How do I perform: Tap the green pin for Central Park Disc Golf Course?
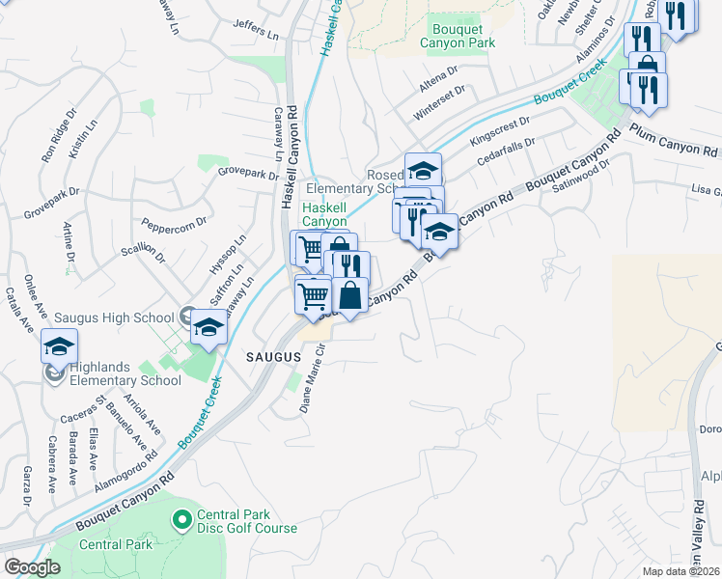[180, 520]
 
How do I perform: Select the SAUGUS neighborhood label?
[272, 357]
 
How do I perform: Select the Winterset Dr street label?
[439, 100]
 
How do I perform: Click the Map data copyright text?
[681, 571]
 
